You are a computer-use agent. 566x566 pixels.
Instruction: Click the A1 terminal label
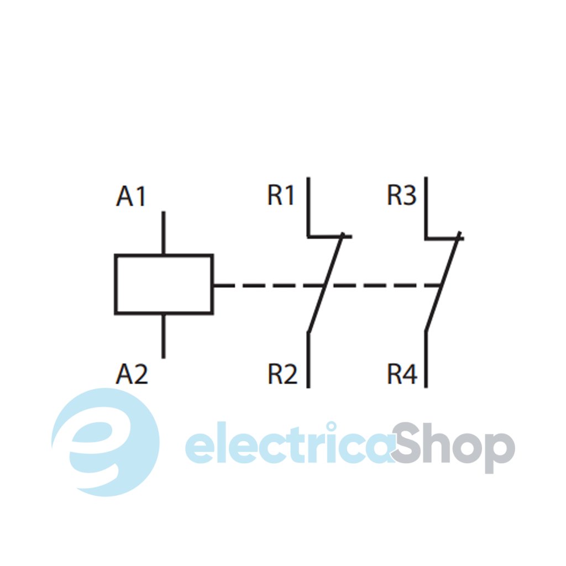(131, 197)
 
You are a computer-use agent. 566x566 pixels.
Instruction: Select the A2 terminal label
(132, 375)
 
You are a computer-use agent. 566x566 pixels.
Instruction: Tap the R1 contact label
(281, 196)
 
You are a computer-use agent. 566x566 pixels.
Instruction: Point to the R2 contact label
(282, 375)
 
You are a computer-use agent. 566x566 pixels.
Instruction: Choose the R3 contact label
(401, 196)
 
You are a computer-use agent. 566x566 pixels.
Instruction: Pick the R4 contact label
(401, 375)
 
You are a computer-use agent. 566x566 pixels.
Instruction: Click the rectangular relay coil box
(164, 285)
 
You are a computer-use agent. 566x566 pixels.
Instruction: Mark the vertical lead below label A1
(163, 233)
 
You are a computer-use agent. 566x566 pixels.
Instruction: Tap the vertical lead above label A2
(163, 336)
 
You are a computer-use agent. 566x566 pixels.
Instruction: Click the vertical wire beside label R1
(308, 206)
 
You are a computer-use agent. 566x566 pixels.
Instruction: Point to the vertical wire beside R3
(426, 206)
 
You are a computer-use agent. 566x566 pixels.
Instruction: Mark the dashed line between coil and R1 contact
(265, 286)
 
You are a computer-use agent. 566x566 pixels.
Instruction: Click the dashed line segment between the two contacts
(381, 286)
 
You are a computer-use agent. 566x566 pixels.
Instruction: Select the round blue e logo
(105, 442)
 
